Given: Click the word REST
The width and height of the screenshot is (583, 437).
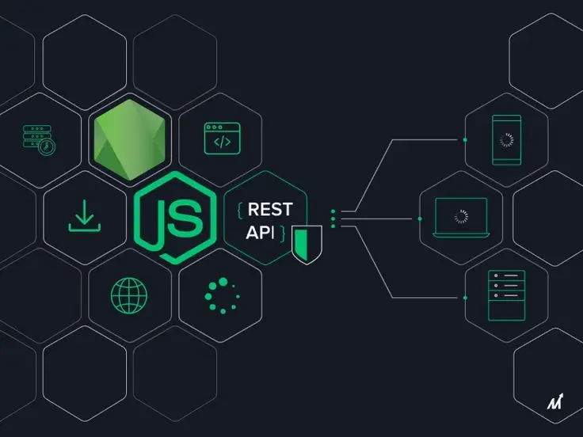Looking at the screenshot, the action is (x=270, y=209).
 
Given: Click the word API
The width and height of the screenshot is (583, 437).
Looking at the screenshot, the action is (x=260, y=233).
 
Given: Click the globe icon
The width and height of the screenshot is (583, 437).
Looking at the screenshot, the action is (x=129, y=295).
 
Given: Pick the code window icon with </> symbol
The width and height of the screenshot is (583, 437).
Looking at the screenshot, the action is (x=222, y=139).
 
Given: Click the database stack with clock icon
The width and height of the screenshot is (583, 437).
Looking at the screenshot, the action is (x=39, y=140).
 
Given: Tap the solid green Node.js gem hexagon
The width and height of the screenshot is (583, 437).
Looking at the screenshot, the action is (x=129, y=139).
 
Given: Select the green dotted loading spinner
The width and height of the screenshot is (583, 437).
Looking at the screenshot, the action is (x=222, y=295).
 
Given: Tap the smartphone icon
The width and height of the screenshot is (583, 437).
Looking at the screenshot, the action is (x=506, y=139).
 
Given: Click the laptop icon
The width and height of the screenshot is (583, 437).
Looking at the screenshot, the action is (x=461, y=218).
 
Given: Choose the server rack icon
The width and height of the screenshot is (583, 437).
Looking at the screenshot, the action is (x=506, y=295).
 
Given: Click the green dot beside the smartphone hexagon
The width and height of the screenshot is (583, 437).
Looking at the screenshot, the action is (x=465, y=139).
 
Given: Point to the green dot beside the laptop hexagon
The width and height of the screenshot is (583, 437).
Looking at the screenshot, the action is (x=420, y=218).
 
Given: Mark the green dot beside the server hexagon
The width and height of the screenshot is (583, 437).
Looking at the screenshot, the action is (x=465, y=298).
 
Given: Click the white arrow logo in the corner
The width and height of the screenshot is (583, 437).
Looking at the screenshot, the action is (x=555, y=401).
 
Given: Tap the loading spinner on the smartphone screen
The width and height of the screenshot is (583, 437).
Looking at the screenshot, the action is (x=506, y=140).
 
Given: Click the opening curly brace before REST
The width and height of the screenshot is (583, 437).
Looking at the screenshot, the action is (x=240, y=210).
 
